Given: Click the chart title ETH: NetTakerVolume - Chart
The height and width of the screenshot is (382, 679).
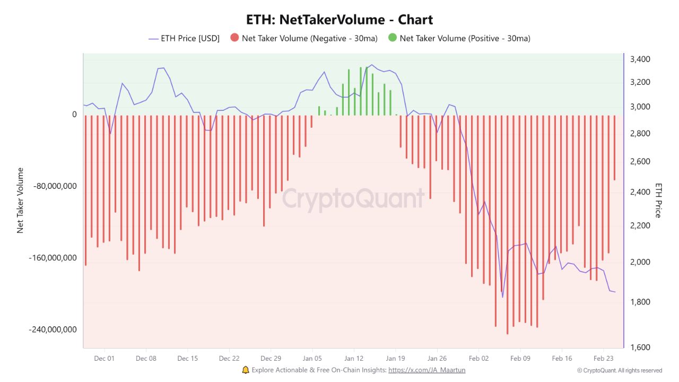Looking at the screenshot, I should click(339, 20).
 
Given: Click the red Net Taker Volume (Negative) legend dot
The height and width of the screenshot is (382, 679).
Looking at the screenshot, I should click(234, 38).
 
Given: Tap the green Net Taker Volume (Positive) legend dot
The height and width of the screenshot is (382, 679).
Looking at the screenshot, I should click(392, 38).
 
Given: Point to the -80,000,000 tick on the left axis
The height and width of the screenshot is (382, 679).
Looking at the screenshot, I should click(56, 186).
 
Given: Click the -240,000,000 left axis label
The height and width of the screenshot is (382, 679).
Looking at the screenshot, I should click(53, 329).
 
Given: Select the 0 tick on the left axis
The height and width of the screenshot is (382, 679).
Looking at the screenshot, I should click(74, 115).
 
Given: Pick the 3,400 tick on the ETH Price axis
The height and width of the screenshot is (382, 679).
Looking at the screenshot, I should click(640, 59).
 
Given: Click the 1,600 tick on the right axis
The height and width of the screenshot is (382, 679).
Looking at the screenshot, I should click(640, 348).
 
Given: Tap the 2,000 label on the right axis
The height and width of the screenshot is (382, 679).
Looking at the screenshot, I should click(640, 263).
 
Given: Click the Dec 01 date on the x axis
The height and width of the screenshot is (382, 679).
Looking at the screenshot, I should click(104, 358).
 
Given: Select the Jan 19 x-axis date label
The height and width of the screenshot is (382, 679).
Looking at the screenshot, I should click(395, 358).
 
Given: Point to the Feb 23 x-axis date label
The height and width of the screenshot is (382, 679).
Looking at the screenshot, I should click(603, 358).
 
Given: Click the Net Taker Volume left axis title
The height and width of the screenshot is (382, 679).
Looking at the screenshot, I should click(21, 201).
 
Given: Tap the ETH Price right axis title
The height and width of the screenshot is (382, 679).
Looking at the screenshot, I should click(658, 201).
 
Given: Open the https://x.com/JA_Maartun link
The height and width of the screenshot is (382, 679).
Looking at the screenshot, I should click(426, 370).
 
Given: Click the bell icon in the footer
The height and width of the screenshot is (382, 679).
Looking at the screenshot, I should click(245, 370).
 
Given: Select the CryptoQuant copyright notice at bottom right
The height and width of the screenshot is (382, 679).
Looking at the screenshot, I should click(620, 370).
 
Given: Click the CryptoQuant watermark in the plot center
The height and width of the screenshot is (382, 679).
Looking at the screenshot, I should click(353, 198).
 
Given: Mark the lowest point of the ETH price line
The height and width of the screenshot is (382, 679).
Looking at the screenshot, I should click(502, 297).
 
